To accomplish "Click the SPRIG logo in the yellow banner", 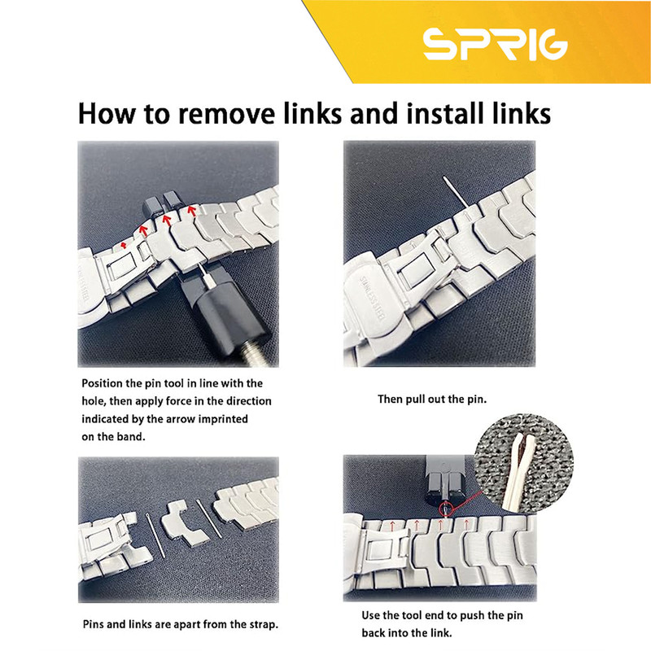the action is [495, 44].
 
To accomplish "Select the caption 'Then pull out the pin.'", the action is [432, 400].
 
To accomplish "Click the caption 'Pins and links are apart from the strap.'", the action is [180, 624].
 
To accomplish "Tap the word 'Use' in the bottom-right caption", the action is [370, 615].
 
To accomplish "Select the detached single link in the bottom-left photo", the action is [186, 523].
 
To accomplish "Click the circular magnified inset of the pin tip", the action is [524, 462].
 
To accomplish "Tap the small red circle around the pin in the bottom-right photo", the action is [445, 509].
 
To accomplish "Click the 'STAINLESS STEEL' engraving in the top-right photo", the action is [373, 297].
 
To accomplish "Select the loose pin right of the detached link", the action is [209, 518].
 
